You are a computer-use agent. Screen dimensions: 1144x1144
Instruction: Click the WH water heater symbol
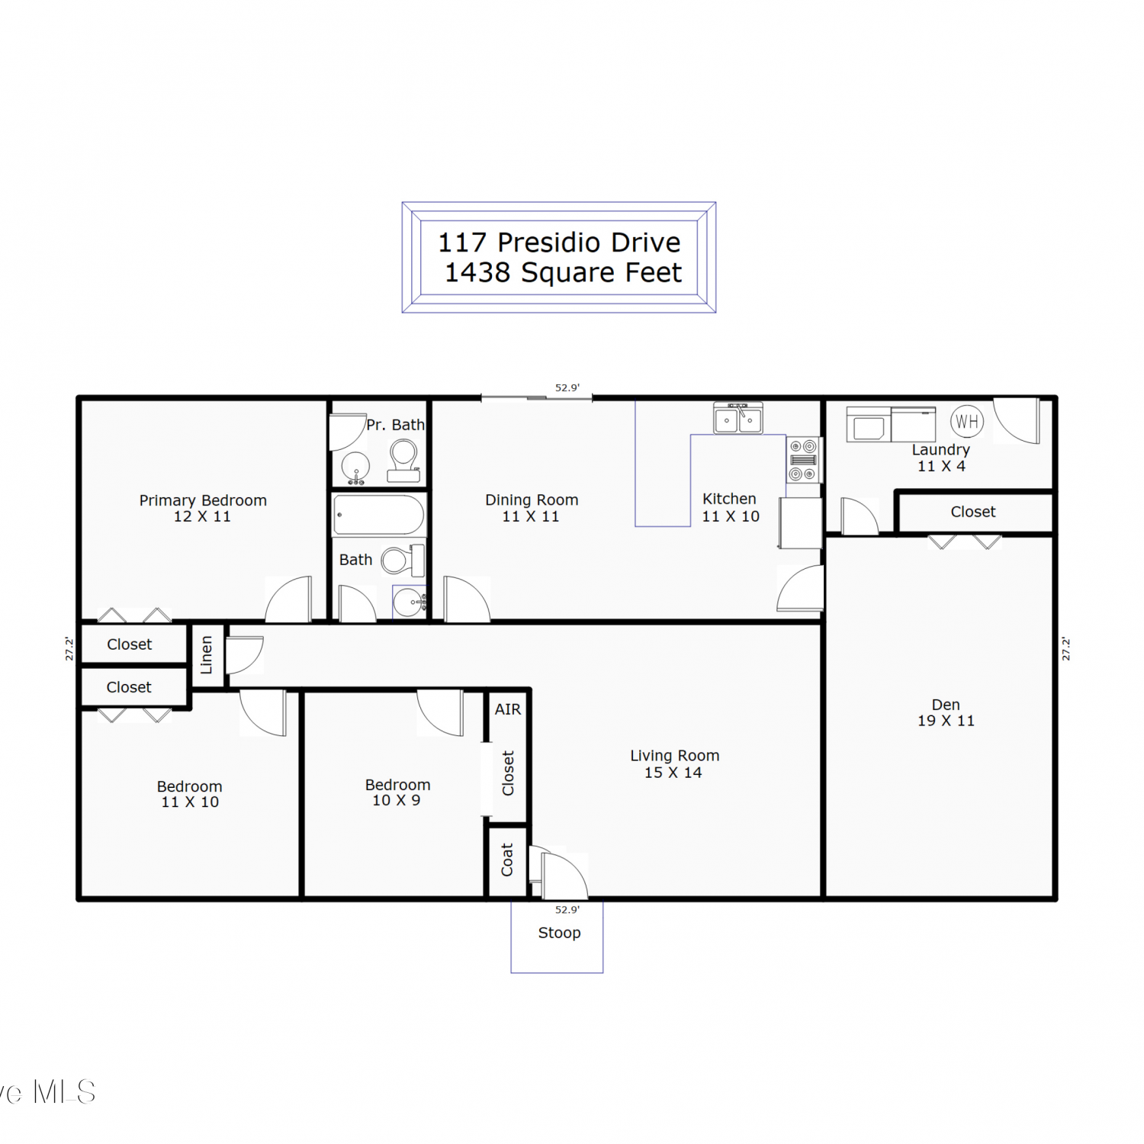click(x=967, y=421)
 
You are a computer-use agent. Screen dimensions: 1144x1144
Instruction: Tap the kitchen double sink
click(x=737, y=418)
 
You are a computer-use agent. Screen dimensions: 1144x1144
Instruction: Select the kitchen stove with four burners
click(x=803, y=460)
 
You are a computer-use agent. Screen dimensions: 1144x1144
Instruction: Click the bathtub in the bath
click(x=378, y=515)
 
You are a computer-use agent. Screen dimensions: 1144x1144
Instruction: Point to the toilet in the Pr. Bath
click(x=403, y=461)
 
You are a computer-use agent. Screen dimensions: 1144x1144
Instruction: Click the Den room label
click(x=946, y=705)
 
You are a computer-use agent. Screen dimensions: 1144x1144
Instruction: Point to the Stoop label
click(x=559, y=933)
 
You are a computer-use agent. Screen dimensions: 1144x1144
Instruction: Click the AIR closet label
click(x=508, y=709)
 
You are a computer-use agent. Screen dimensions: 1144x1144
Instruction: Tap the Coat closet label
click(x=507, y=860)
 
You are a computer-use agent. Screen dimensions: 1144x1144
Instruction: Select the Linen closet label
click(x=206, y=655)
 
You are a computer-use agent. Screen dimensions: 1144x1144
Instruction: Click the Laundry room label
click(x=941, y=450)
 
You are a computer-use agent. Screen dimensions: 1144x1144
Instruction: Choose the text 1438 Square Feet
click(x=563, y=272)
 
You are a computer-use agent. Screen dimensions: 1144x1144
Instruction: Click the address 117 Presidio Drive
click(x=559, y=243)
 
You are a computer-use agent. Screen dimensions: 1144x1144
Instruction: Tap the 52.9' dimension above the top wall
click(x=567, y=387)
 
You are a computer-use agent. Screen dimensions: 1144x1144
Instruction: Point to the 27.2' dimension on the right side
click(x=1066, y=649)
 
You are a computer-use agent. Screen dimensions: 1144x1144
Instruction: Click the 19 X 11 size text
click(x=946, y=721)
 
